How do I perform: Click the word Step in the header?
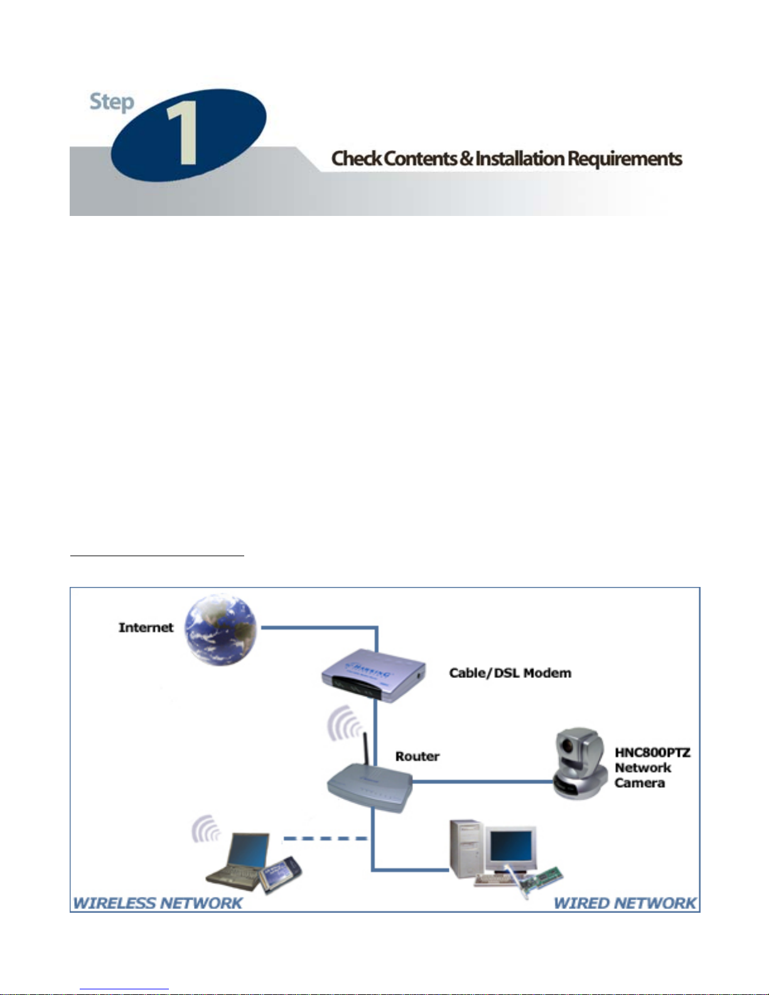[112, 102]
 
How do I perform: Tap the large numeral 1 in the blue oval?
[183, 133]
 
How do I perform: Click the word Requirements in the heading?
[625, 159]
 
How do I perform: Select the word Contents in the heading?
[420, 158]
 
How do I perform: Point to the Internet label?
[146, 627]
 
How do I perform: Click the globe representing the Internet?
[220, 630]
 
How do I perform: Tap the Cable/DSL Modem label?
[510, 673]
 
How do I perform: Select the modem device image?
[374, 675]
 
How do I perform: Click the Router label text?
[417, 756]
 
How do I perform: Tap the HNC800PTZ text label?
[652, 752]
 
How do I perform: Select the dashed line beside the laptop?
[325, 839]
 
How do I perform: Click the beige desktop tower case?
[466, 847]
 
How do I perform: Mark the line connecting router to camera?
[483, 782]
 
